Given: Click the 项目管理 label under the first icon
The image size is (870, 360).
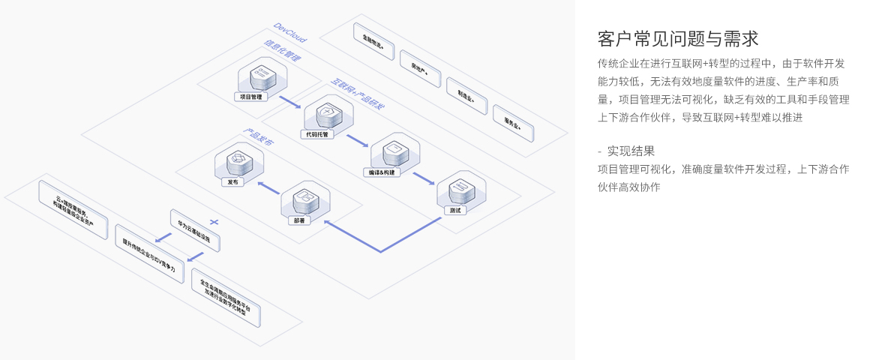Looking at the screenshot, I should point(250,97).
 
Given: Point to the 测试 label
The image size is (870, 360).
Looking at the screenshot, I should point(454,210).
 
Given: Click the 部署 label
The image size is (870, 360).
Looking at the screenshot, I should point(298,220).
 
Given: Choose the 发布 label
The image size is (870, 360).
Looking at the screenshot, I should point(233,182).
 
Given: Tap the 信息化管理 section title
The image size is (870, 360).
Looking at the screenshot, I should point(282,50).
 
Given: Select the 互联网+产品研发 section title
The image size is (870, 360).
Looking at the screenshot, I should point(358,94).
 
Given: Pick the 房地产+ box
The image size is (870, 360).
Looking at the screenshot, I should point(419,69).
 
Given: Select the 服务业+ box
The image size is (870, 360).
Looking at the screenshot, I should point(512,123).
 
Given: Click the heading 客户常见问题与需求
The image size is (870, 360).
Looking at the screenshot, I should point(678,38).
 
